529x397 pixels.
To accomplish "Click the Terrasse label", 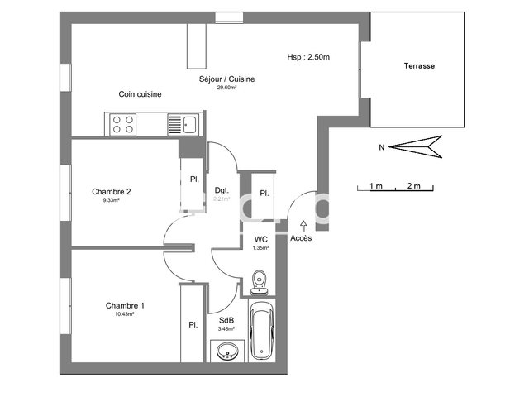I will point(419,65).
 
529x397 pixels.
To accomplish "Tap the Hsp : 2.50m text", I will point(308,57).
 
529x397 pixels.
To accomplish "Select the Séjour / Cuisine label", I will point(226,79).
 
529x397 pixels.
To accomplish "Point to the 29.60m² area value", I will point(226,88).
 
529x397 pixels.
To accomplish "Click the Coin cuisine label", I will point(139,94).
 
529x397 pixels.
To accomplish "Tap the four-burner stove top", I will point(123,124).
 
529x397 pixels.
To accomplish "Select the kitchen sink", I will point(183,124).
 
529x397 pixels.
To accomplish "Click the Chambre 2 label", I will point(112,191).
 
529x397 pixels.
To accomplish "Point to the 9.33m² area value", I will point(112,200).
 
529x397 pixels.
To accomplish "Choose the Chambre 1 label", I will point(124,306).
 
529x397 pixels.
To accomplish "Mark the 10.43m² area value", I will point(124,315).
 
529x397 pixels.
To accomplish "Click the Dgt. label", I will point(222,189).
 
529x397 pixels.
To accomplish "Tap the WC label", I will point(261,239).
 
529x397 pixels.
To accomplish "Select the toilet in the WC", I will point(260,280).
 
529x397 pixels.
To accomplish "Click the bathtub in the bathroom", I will point(263,331).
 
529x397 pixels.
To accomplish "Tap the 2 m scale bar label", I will point(413,185).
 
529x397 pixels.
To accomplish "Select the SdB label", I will point(226,321).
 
